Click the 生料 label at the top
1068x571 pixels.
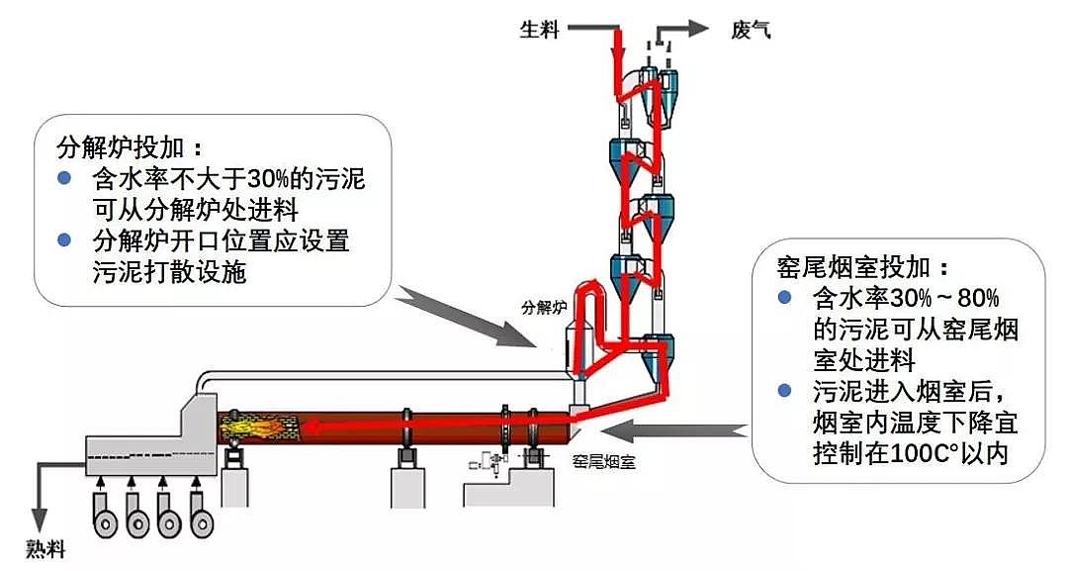[x=540, y=30]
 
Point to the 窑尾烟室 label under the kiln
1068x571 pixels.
[x=604, y=460]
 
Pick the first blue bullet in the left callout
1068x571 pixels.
[x=64, y=179]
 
